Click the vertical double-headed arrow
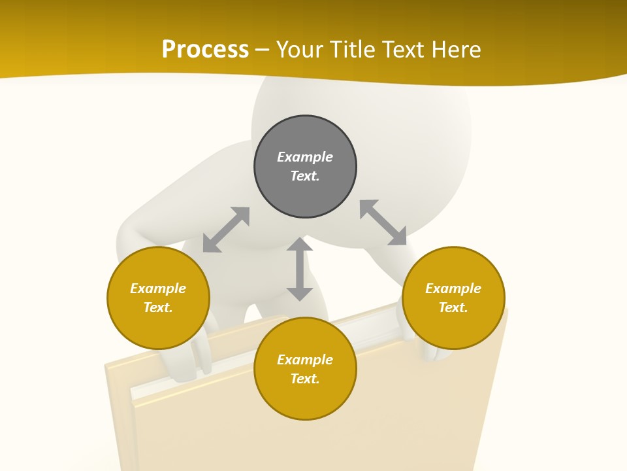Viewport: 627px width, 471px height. click(300, 270)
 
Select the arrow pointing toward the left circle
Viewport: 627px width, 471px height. click(226, 230)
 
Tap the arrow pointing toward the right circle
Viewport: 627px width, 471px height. click(383, 223)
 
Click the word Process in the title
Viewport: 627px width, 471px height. click(205, 49)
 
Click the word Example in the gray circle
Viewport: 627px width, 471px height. click(305, 157)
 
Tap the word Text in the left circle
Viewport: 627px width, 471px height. click(158, 307)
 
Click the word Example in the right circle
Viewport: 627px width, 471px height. click(453, 288)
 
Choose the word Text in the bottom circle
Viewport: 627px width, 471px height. click(305, 379)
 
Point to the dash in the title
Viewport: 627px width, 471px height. click(262, 50)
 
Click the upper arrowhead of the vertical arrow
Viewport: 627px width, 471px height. click(300, 245)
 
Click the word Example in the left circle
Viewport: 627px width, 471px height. click(158, 288)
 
